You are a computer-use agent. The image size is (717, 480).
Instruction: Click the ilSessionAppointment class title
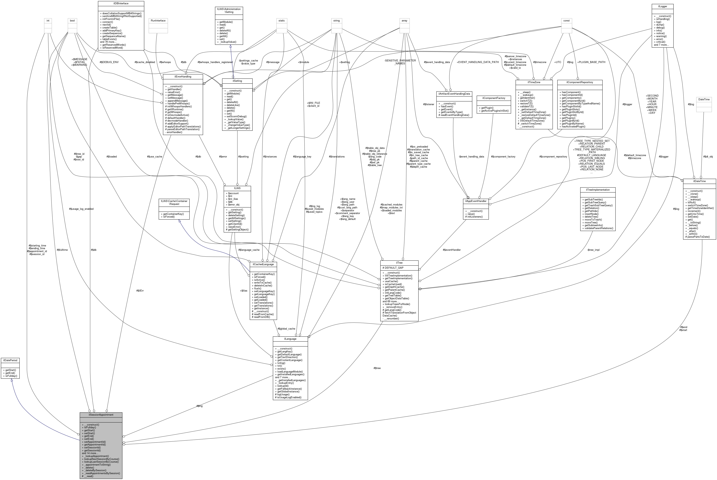(101, 415)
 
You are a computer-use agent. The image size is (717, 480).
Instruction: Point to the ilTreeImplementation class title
(598, 190)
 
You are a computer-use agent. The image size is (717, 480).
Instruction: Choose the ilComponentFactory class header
(494, 98)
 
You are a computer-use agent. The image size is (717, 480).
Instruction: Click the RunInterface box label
(158, 20)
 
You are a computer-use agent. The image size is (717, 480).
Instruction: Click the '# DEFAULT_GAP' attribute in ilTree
(394, 268)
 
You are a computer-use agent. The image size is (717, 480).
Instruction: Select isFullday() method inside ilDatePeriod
(10, 376)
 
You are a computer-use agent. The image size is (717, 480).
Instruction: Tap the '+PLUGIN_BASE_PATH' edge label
(591, 62)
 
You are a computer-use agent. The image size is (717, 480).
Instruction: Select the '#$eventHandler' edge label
(452, 250)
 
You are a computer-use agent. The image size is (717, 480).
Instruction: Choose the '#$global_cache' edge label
(286, 329)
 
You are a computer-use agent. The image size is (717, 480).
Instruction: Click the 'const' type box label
(566, 20)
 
